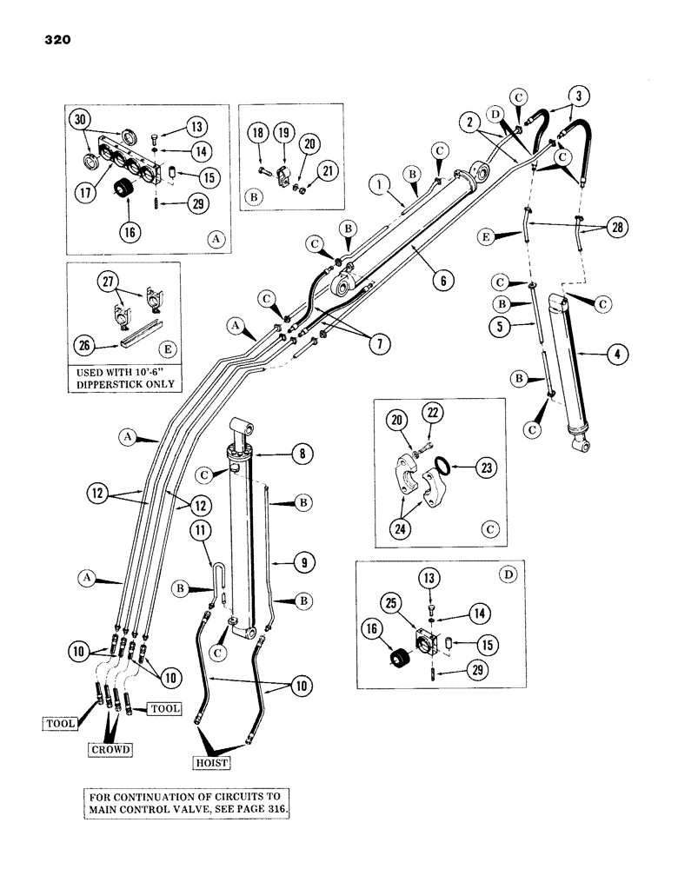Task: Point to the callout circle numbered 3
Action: coord(580,95)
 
